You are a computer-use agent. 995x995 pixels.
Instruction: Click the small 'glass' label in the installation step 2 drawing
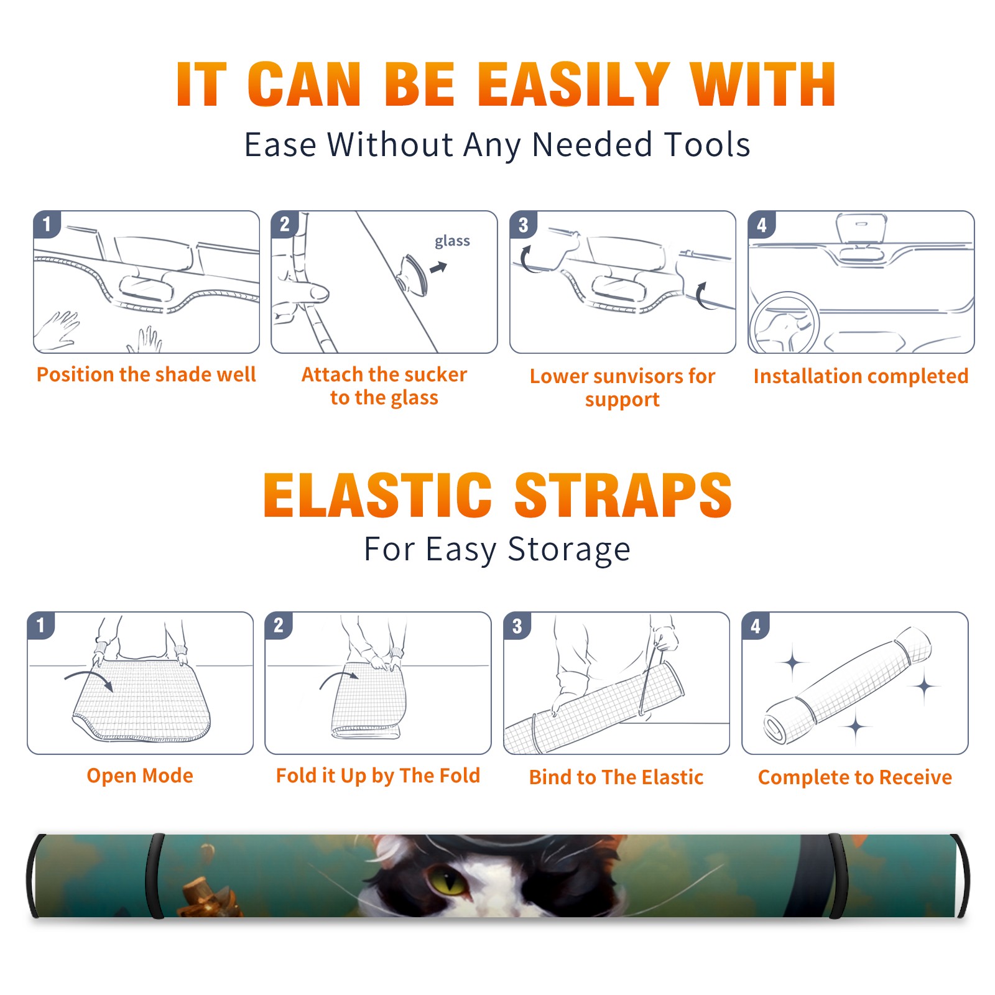(452, 241)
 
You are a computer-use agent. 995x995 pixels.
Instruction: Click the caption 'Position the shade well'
(146, 374)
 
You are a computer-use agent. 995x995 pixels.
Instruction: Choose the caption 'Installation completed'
(861, 376)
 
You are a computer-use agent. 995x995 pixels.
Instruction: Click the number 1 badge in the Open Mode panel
(41, 625)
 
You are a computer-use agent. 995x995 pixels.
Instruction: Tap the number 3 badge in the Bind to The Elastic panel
(517, 626)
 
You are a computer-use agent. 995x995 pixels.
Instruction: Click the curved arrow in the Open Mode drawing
(89, 679)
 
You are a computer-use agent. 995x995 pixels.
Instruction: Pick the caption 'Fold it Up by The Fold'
(378, 775)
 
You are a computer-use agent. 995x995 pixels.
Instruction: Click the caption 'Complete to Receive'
(855, 777)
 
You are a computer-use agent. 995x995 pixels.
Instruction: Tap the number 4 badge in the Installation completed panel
(762, 224)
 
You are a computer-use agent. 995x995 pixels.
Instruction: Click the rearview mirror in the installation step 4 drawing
(861, 229)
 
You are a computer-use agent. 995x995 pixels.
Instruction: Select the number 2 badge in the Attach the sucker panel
(285, 224)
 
